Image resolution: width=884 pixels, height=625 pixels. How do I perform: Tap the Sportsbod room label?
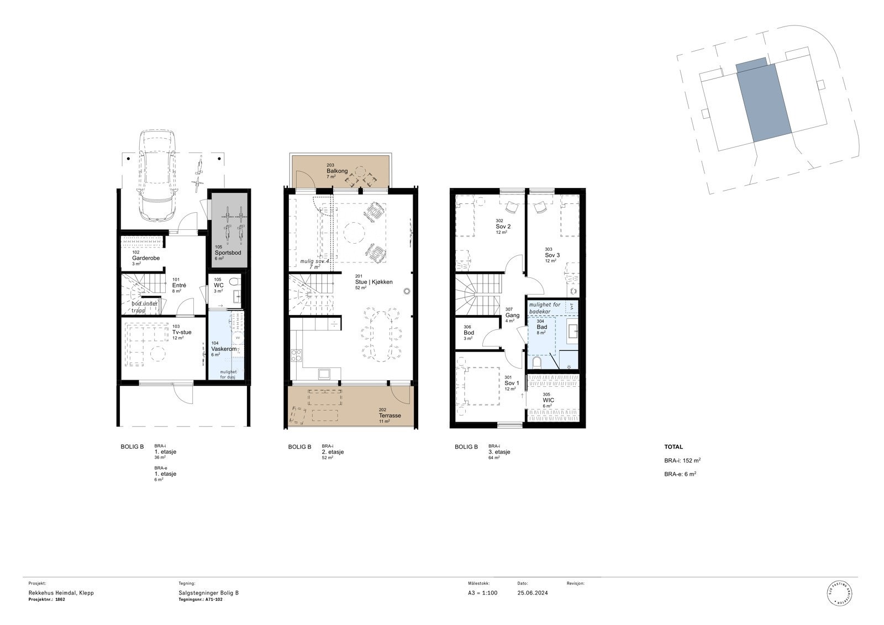[x=227, y=253]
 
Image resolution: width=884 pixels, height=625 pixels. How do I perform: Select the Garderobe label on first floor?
[x=146, y=258]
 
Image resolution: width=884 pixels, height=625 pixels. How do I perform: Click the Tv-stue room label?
[x=182, y=332]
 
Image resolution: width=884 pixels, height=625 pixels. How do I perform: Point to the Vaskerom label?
[x=224, y=349]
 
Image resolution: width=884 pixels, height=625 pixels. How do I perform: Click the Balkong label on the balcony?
[x=337, y=171]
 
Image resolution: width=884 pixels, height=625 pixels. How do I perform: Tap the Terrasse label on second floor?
[x=390, y=416]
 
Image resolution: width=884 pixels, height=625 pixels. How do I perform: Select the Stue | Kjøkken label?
[x=373, y=282]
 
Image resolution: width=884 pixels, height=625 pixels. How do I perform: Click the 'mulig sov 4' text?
[x=314, y=261]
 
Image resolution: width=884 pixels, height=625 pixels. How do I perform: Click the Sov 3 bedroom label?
[x=552, y=255]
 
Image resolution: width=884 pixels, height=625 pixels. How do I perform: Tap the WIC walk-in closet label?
[x=548, y=400]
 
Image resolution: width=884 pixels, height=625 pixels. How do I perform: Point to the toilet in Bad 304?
[x=536, y=362]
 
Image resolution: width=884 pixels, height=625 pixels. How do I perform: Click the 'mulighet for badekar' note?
[x=544, y=308]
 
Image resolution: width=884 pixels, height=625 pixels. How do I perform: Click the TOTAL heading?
[x=673, y=447]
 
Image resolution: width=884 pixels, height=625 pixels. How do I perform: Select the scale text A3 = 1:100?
[x=482, y=593]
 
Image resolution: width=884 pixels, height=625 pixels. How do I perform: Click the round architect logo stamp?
[x=840, y=594]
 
